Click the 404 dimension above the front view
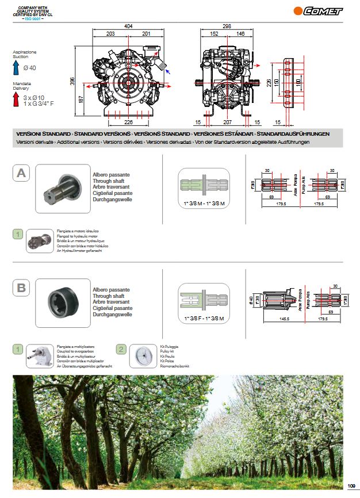[x=128, y=26]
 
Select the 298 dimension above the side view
[x=227, y=26]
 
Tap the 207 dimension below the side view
[x=227, y=122]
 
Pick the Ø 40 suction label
[x=29, y=68]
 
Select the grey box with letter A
[x=21, y=173]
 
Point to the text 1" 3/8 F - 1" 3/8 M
[x=204, y=318]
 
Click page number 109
[x=352, y=484]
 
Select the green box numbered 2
[x=121, y=349]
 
